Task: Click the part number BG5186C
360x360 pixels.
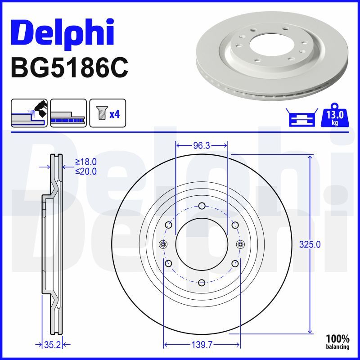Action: (x=70, y=68)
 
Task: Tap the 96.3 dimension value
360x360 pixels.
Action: (x=202, y=145)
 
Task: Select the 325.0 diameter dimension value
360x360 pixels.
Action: (x=310, y=244)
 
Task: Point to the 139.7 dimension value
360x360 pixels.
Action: (x=202, y=344)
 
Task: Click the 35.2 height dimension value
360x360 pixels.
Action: (x=52, y=344)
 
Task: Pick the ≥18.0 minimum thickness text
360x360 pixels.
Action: (x=86, y=162)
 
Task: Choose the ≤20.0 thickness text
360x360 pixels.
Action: (x=86, y=171)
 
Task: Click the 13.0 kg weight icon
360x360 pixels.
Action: (x=335, y=115)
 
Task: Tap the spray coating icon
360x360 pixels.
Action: (x=29, y=113)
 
